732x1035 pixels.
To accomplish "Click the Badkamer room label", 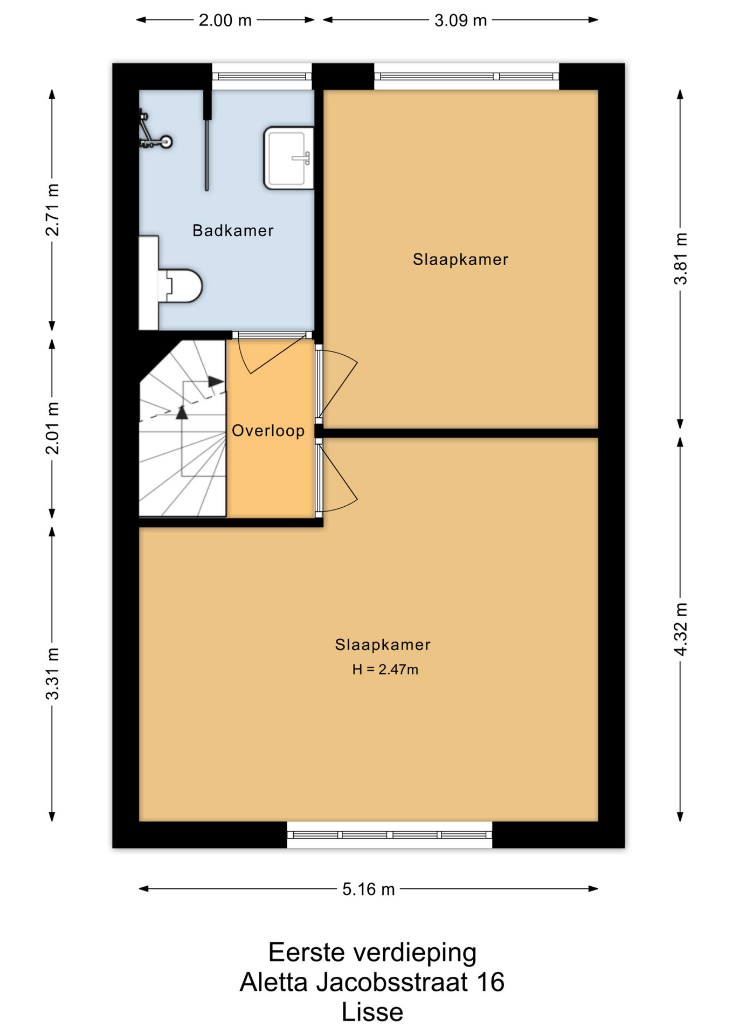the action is coord(233,231).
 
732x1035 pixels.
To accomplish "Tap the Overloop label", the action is coord(268,431).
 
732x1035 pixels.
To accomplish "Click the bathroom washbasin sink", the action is coord(288,158).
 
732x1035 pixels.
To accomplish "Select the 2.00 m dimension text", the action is coord(225,20).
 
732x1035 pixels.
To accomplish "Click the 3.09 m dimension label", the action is coord(461,20).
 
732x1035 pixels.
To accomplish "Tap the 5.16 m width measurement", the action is coord(369,889).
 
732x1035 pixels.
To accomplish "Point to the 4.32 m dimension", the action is coord(680,629).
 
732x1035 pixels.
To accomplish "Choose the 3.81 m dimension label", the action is coord(680,259).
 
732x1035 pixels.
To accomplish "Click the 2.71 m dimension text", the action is coord(52,210).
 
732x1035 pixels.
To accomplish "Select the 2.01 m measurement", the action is coord(52,428).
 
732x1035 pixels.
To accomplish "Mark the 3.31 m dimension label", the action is coord(52,674).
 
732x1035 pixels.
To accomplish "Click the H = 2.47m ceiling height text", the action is coord(385,670).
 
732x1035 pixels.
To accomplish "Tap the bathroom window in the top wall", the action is coord(262,77).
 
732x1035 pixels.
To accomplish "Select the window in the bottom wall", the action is coord(389,834).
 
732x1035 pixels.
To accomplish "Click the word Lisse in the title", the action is coord(372,1012).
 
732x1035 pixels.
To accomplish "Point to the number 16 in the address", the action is coord(490,982).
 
